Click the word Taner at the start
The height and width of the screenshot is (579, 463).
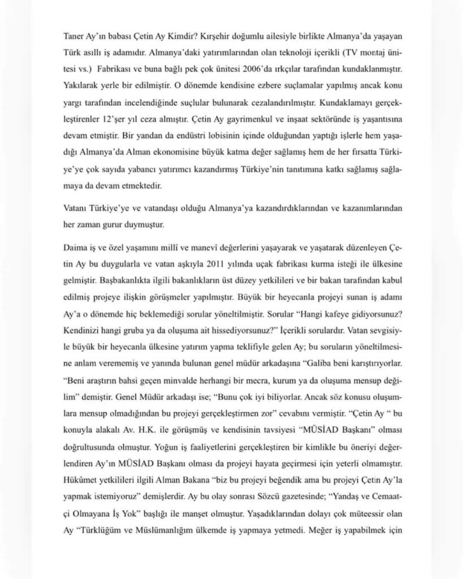(74, 35)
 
